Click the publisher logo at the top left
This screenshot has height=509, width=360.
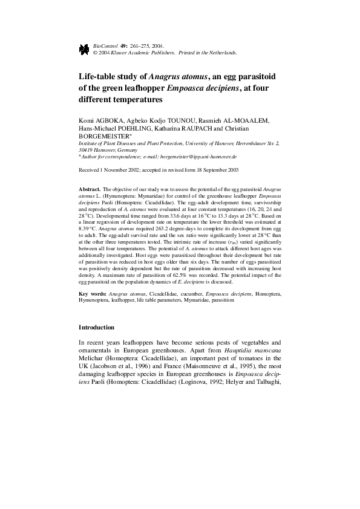point(83,49)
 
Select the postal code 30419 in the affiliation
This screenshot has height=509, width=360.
point(87,149)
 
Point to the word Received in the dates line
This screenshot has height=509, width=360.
point(90,171)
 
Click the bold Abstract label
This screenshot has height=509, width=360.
point(90,190)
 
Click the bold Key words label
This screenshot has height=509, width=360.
point(93,293)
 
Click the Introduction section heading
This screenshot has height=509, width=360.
point(97,327)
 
